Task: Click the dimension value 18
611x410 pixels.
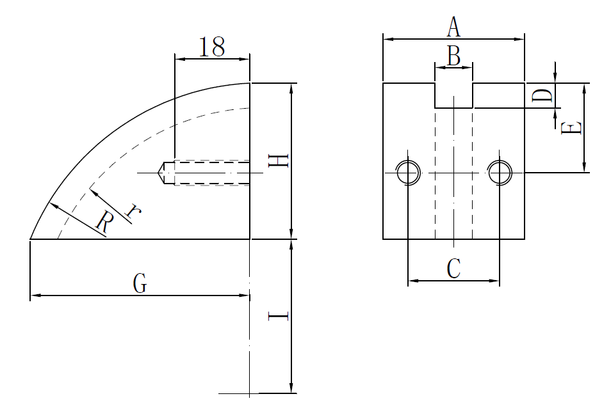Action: tap(211, 47)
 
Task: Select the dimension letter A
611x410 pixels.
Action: tap(453, 28)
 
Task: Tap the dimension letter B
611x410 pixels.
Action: tap(453, 56)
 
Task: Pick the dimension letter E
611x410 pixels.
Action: tap(571, 128)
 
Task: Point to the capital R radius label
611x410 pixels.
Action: tap(104, 222)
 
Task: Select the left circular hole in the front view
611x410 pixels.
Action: tap(408, 172)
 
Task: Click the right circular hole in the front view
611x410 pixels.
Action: tap(499, 172)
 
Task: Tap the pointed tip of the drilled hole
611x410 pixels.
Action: tap(158, 173)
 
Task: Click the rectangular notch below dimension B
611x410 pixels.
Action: tap(453, 95)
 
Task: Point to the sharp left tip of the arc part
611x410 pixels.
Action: tap(31, 239)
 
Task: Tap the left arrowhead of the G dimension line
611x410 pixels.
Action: tap(35, 296)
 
